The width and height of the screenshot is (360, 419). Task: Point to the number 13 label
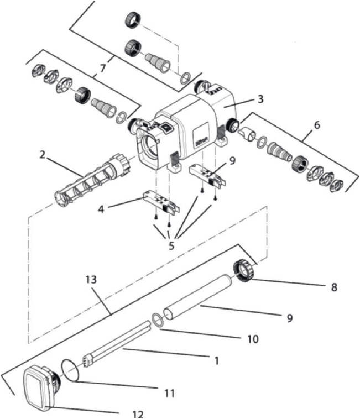pyautogui.click(x=92, y=279)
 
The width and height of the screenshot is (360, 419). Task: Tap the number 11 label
pyautogui.click(x=170, y=393)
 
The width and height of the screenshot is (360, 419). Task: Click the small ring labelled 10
pyautogui.click(x=156, y=320)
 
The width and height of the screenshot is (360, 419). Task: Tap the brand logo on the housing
pyautogui.click(x=201, y=135)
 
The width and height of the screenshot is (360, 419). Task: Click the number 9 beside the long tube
pyautogui.click(x=288, y=318)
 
